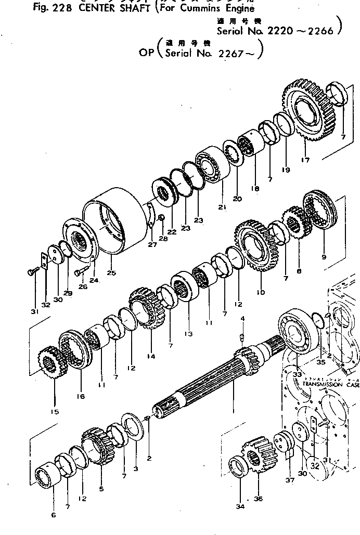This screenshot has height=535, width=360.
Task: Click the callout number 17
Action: point(305,160)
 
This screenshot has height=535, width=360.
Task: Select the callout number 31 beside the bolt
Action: point(34,311)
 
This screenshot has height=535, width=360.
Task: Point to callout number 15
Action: point(55,412)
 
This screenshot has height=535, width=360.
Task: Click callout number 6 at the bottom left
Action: point(53,515)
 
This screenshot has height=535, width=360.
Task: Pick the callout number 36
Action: point(259,499)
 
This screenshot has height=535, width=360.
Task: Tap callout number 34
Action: point(240,500)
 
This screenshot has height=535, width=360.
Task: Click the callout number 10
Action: point(261,292)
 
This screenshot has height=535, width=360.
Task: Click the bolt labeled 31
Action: point(31,271)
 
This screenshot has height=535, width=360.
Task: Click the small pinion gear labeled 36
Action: point(255,458)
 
